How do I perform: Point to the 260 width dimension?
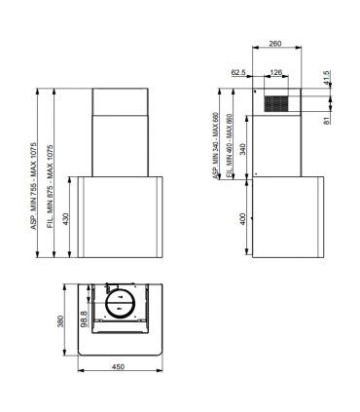coord(276,43)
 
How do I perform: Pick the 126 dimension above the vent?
coord(276,72)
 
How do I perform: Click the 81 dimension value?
coord(328,120)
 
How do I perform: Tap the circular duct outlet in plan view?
coord(121,304)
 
